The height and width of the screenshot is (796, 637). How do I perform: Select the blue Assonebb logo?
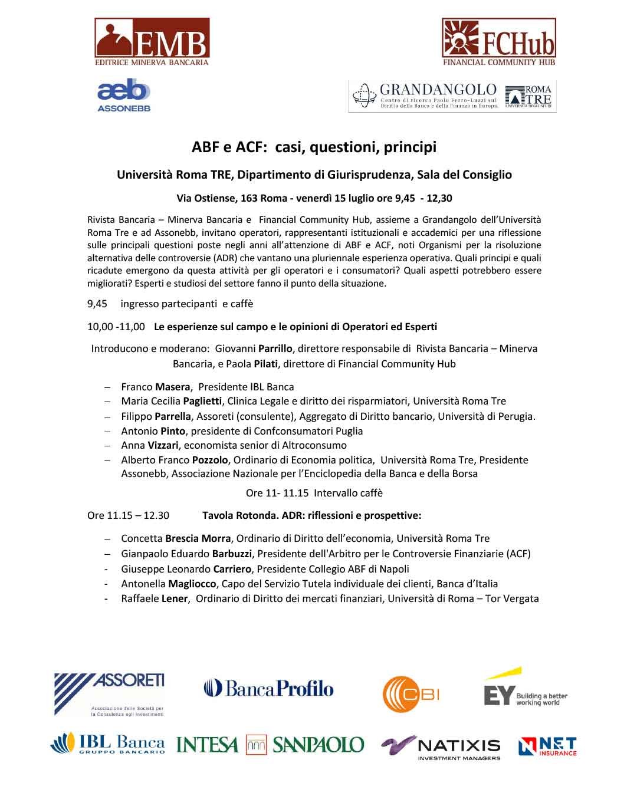[124, 96]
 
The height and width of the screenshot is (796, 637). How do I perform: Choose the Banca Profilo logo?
[269, 688]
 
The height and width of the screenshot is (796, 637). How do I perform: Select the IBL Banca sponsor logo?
[108, 744]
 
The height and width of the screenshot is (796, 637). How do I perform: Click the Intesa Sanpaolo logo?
[270, 745]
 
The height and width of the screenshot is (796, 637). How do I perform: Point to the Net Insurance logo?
[547, 746]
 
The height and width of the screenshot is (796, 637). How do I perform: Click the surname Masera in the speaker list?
[172, 387]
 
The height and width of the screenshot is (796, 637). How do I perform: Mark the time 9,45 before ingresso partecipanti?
[97, 304]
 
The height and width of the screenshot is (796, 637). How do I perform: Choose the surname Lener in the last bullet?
[174, 599]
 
